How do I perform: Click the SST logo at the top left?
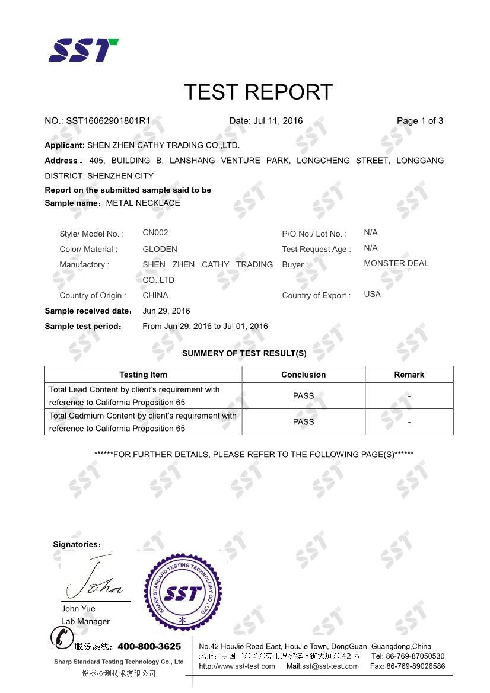(x=83, y=50)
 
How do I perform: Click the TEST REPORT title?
(x=258, y=92)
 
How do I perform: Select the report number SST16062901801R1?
(x=108, y=121)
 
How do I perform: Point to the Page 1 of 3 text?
(x=420, y=121)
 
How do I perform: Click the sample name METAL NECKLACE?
(x=143, y=203)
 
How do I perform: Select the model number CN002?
(x=155, y=232)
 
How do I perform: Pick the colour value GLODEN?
(x=160, y=249)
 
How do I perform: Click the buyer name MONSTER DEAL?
(x=396, y=263)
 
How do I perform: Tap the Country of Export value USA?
(x=372, y=294)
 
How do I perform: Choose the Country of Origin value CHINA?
(x=155, y=295)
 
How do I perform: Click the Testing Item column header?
(x=143, y=375)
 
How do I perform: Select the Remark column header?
(x=409, y=375)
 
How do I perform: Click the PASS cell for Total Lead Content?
(x=303, y=396)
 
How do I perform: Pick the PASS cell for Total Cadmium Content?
(x=303, y=422)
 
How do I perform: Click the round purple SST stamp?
(x=183, y=593)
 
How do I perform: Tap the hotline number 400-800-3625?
(x=149, y=646)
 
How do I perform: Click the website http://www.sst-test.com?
(x=237, y=666)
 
